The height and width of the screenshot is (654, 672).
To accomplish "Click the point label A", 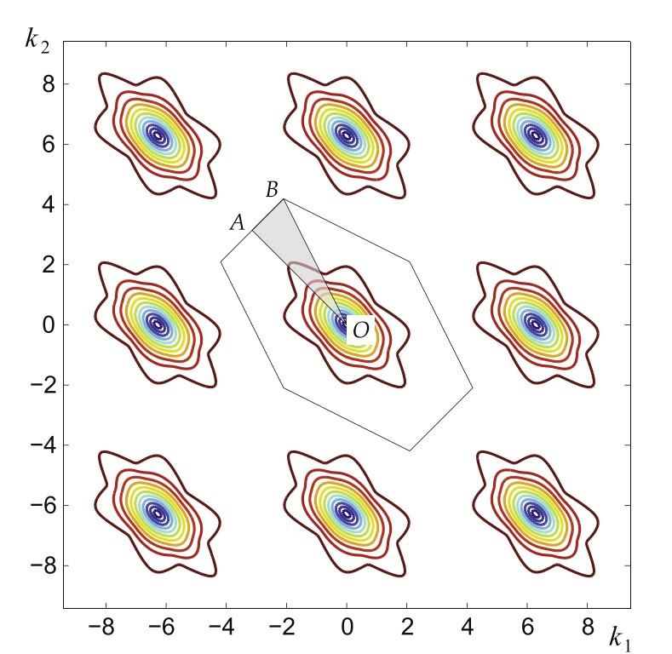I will [238, 223].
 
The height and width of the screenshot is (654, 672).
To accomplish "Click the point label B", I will [273, 189].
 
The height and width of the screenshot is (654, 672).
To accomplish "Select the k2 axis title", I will [37, 39].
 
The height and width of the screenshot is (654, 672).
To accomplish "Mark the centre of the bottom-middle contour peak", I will [347, 513].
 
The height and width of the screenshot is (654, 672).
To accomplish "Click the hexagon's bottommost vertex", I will [410, 450].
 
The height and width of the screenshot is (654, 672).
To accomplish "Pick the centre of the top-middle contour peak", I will [347, 135].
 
